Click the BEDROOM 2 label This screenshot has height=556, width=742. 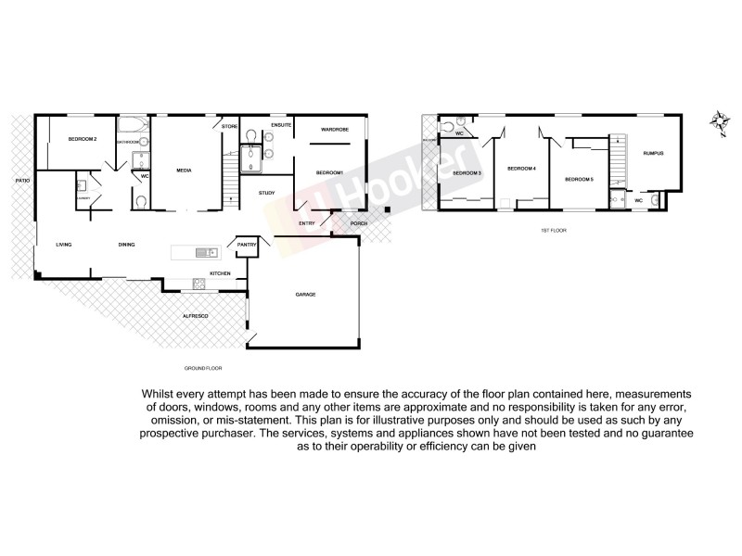click(83, 139)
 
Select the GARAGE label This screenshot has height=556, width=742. click(305, 294)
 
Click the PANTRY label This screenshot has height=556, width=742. click(246, 245)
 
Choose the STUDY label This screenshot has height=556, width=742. click(267, 193)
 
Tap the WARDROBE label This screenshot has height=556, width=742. click(334, 129)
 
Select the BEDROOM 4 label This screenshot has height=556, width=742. click(522, 168)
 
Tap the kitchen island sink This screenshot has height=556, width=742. click(202, 252)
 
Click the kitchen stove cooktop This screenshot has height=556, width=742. click(197, 283)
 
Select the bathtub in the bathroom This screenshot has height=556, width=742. click(131, 128)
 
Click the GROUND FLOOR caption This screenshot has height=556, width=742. click(201, 368)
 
